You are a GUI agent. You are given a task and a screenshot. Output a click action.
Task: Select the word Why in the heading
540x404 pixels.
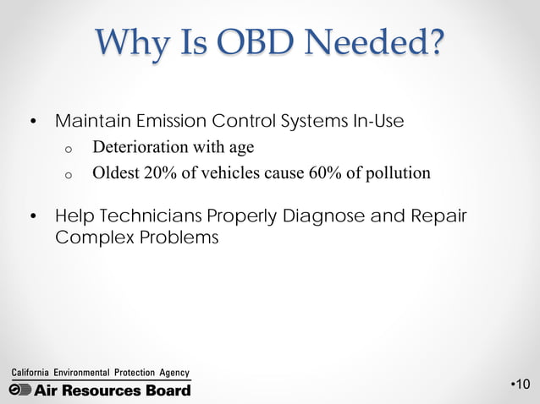[x=126, y=44]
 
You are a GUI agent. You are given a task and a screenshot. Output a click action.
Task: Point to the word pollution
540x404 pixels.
[x=396, y=174]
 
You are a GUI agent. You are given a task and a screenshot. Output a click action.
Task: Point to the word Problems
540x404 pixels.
[x=177, y=237]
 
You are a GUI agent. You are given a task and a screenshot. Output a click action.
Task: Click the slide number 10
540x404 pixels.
[x=522, y=386]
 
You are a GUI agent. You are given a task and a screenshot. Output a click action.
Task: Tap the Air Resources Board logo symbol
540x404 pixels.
[x=20, y=390]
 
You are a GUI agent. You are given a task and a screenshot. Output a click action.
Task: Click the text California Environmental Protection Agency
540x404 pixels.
[x=99, y=373]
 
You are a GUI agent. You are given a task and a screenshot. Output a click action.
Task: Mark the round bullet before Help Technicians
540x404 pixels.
[x=33, y=216]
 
